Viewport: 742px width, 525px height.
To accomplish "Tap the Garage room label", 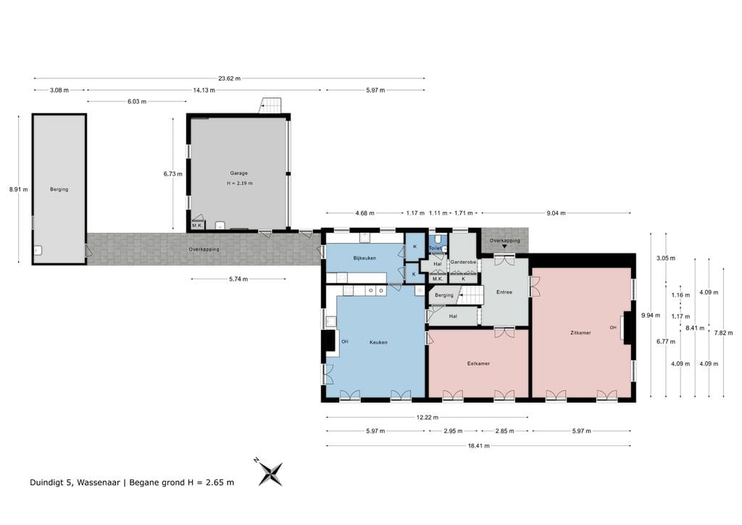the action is click(x=239, y=173).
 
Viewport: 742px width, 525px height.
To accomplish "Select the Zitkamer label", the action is click(x=580, y=333).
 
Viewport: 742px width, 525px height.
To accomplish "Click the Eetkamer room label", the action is click(x=478, y=363).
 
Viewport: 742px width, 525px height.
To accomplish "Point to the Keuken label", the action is click(x=378, y=342).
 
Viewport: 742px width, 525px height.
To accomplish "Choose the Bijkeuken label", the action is click(x=365, y=258).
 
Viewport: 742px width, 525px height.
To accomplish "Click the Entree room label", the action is click(x=504, y=292).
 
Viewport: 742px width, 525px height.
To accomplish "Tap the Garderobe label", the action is click(x=463, y=262).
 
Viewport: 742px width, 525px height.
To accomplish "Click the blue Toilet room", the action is click(x=438, y=244).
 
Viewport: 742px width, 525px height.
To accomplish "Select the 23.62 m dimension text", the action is click(x=230, y=78).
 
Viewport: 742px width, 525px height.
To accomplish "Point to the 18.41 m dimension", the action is click(x=479, y=445).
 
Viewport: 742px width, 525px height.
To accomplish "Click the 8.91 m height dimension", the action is click(x=18, y=189).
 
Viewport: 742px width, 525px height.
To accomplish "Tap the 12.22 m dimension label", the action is click(x=428, y=418).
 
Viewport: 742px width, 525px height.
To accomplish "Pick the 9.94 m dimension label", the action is click(x=651, y=315).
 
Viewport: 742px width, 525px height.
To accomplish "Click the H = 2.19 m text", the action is click(x=239, y=183).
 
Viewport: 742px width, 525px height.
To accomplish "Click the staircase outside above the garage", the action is click(x=271, y=106).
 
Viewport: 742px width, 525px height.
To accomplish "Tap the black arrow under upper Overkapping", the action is click(x=504, y=246).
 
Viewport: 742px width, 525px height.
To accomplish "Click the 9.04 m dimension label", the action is click(x=556, y=213).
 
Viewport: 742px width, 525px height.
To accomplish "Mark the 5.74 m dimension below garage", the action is click(x=238, y=279).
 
